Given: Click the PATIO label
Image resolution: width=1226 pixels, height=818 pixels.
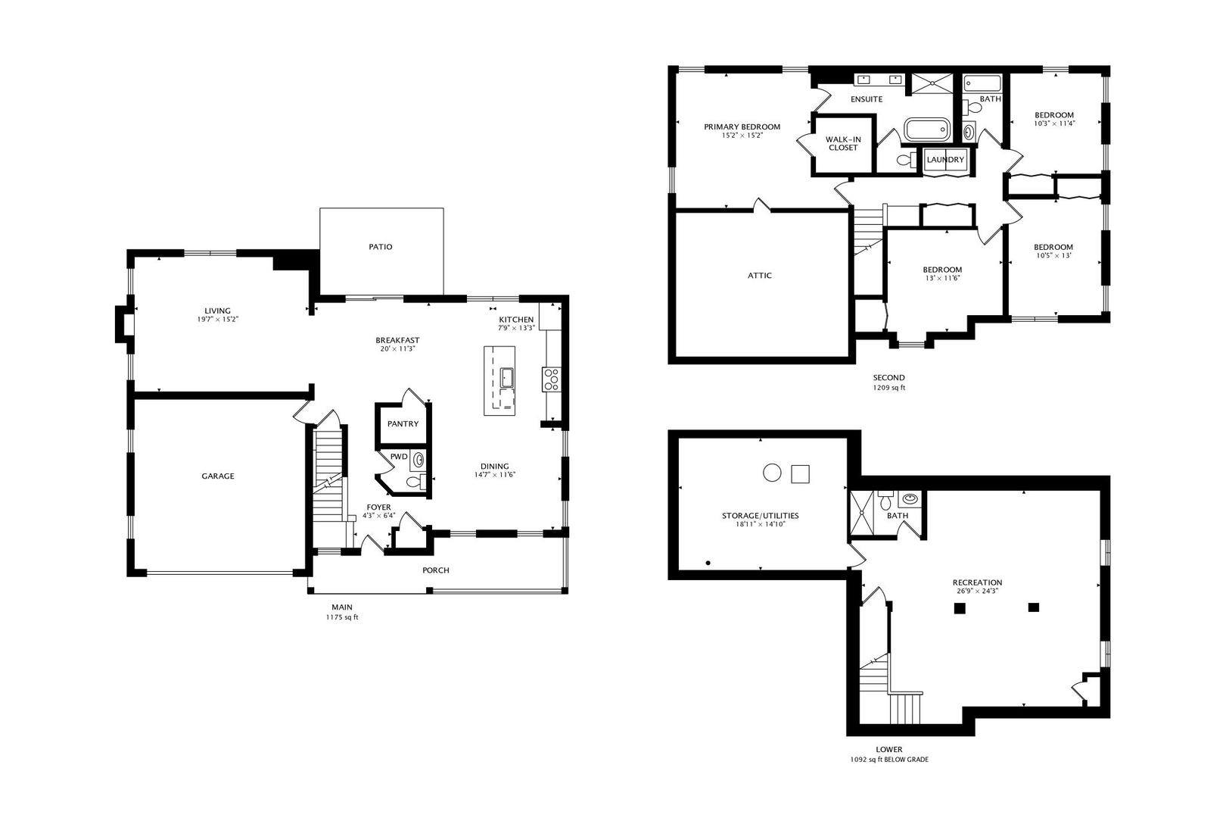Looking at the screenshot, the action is (380, 247).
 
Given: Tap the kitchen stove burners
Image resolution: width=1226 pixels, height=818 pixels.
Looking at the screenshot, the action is (551, 379).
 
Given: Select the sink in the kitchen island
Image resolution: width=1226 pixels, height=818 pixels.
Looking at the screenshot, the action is (507, 378).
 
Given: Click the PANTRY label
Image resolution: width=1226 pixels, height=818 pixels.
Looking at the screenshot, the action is (403, 424).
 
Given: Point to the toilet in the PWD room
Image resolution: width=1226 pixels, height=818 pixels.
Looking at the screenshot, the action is (417, 482).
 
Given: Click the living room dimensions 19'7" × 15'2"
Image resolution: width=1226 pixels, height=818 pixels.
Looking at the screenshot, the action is (218, 319).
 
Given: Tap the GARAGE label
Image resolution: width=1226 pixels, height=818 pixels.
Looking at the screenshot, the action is (218, 476).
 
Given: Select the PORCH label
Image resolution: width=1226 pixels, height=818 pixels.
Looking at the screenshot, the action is (436, 570).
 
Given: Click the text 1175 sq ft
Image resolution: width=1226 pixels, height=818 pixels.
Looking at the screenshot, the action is (342, 617).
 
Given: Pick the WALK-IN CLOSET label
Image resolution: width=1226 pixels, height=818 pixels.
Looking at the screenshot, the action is (843, 144).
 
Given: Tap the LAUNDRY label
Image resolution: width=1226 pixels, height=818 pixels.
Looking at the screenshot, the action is (945, 160).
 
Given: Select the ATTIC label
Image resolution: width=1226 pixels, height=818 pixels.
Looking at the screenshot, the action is (760, 276).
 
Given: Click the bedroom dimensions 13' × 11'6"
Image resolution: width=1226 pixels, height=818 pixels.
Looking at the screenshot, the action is (942, 278).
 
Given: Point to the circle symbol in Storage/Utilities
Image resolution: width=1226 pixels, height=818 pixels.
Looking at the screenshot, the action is (772, 473).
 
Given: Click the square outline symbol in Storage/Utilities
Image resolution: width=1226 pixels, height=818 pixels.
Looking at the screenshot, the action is (800, 474).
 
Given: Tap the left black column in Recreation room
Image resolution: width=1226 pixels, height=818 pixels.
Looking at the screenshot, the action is (959, 607).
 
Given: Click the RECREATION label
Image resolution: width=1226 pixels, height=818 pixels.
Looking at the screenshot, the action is (978, 583).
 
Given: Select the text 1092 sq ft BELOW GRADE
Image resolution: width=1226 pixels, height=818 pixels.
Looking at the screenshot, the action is (888, 760).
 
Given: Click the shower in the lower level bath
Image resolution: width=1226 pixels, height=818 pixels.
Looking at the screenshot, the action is (861, 512).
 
